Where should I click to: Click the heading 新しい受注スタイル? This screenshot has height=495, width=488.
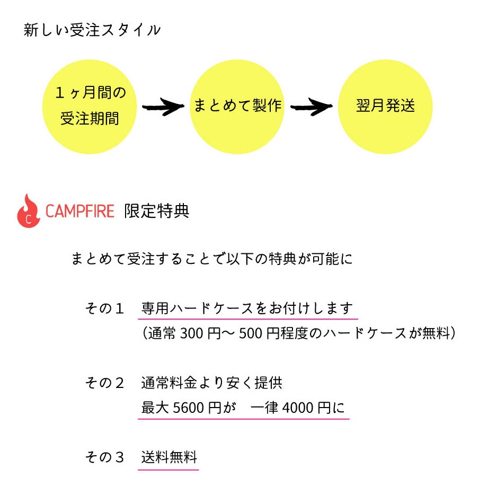click(92, 30)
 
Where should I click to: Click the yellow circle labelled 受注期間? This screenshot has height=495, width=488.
click(90, 106)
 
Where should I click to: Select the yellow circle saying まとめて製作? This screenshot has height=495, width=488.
click(237, 106)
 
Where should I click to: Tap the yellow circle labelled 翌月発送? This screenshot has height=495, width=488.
click(385, 106)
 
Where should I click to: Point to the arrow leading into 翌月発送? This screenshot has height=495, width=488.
click(312, 107)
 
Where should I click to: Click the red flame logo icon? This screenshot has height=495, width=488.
click(29, 211)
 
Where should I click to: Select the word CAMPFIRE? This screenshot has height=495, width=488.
click(80, 211)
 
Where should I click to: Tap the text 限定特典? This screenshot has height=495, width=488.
click(156, 211)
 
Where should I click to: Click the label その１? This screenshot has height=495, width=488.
click(105, 308)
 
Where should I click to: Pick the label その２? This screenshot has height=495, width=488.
click(105, 382)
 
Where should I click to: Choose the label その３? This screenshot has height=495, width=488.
click(105, 457)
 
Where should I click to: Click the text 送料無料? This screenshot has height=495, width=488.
click(169, 457)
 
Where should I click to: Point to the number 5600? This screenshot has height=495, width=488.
click(188, 408)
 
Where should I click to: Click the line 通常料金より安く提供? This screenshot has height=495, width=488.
click(211, 382)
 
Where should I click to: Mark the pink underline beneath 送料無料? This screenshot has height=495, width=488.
click(169, 469)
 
